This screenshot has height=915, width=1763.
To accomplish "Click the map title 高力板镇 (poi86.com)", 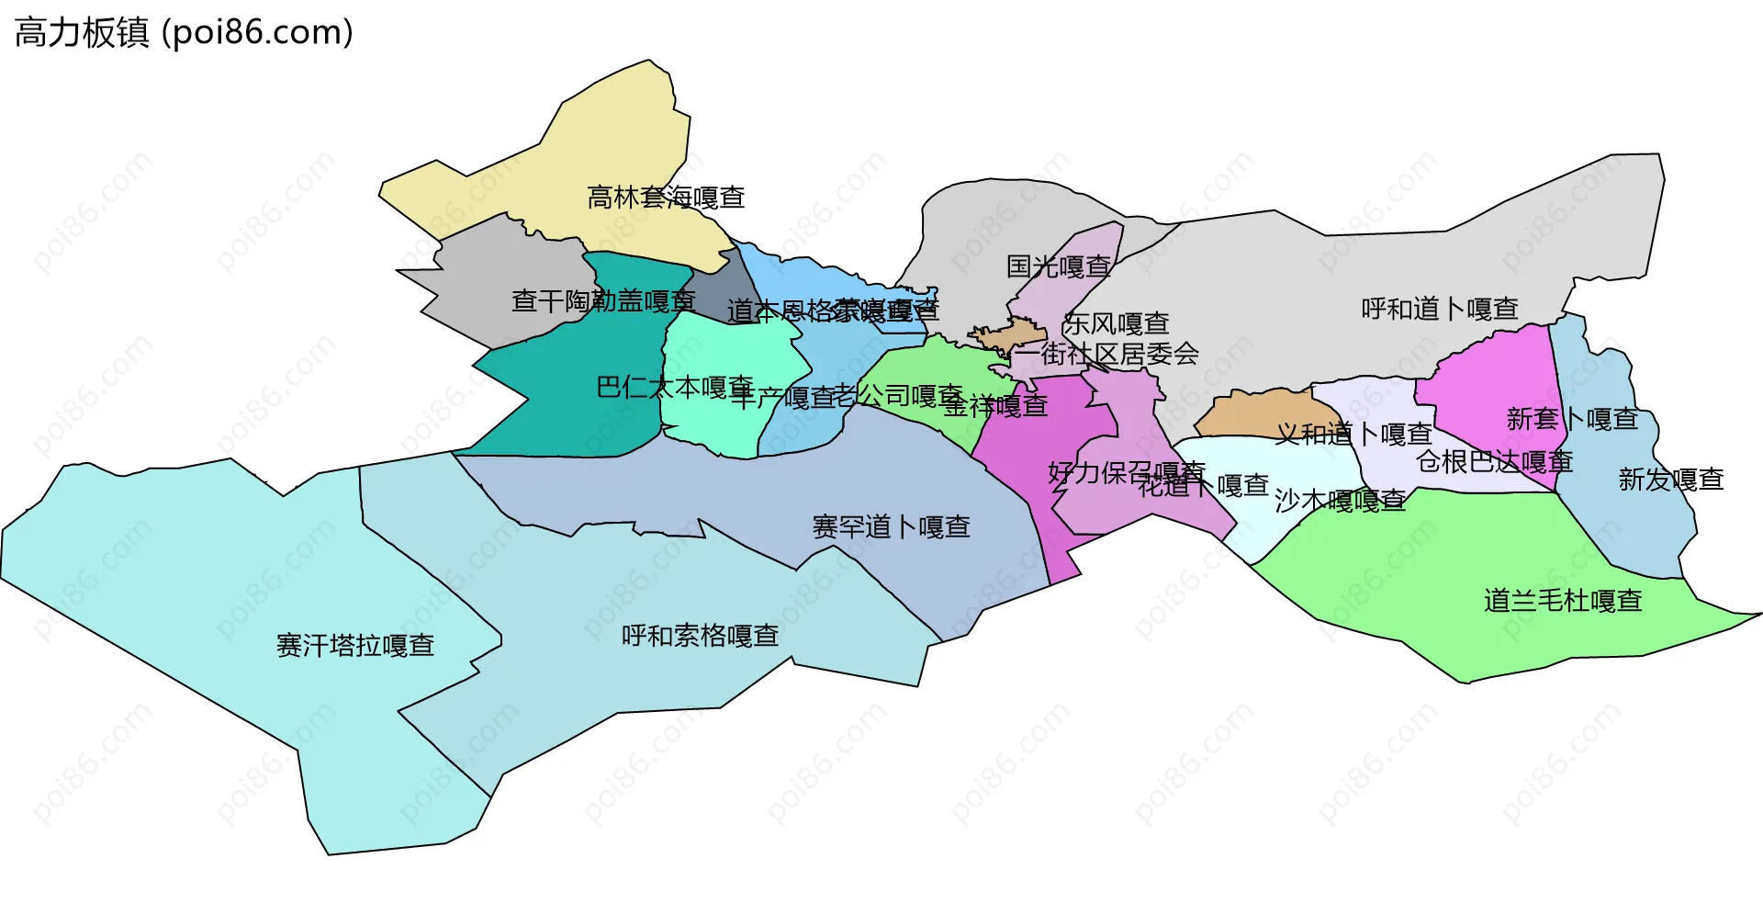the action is [184, 33].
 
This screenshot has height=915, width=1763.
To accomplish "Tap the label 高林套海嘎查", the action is [666, 198].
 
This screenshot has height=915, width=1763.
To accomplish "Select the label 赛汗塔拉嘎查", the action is [355, 646].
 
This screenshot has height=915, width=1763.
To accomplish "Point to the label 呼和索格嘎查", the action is [700, 636].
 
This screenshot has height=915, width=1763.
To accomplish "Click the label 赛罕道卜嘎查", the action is [891, 527].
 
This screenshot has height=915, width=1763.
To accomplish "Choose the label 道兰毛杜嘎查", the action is [1563, 601].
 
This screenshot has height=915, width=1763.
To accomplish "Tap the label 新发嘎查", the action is [1670, 480].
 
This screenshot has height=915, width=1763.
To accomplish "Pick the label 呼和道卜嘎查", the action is [1439, 309].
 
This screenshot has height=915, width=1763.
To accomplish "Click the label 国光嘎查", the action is [1059, 267].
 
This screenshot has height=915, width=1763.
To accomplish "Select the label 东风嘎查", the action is [1116, 323].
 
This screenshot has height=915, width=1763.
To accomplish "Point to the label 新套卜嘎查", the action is [1572, 419].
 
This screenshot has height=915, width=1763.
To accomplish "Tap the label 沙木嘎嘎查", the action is [1340, 501].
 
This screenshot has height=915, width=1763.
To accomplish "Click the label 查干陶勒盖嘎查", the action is [603, 300].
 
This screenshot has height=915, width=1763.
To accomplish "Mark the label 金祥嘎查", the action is [995, 405].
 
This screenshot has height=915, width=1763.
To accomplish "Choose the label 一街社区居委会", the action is [1106, 354].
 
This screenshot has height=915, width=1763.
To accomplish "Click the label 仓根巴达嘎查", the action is [1494, 461].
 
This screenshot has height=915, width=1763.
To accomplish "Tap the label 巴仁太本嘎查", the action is [675, 387].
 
